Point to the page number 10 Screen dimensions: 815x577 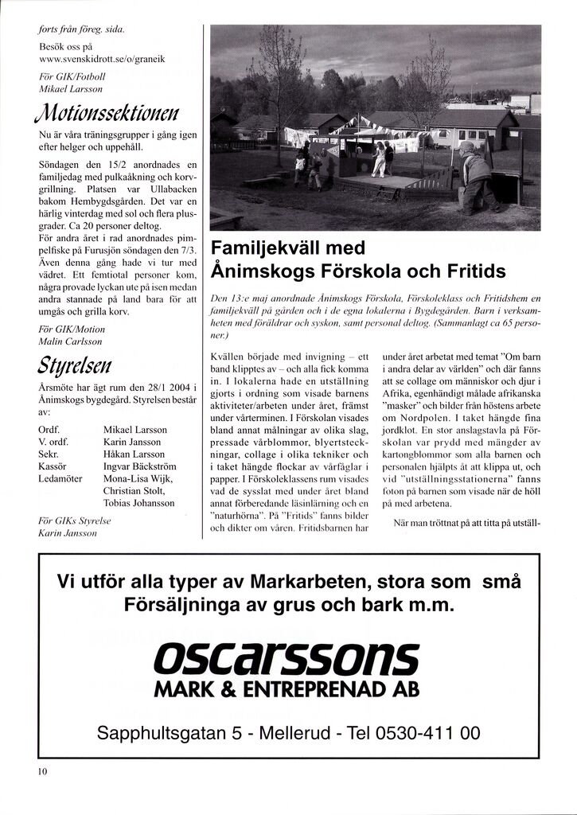click(43, 771)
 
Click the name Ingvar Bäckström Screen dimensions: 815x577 click(138, 466)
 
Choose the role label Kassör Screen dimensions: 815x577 click(53, 466)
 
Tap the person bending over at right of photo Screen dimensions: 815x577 click(477, 176)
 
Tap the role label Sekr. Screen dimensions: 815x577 click(48, 454)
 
